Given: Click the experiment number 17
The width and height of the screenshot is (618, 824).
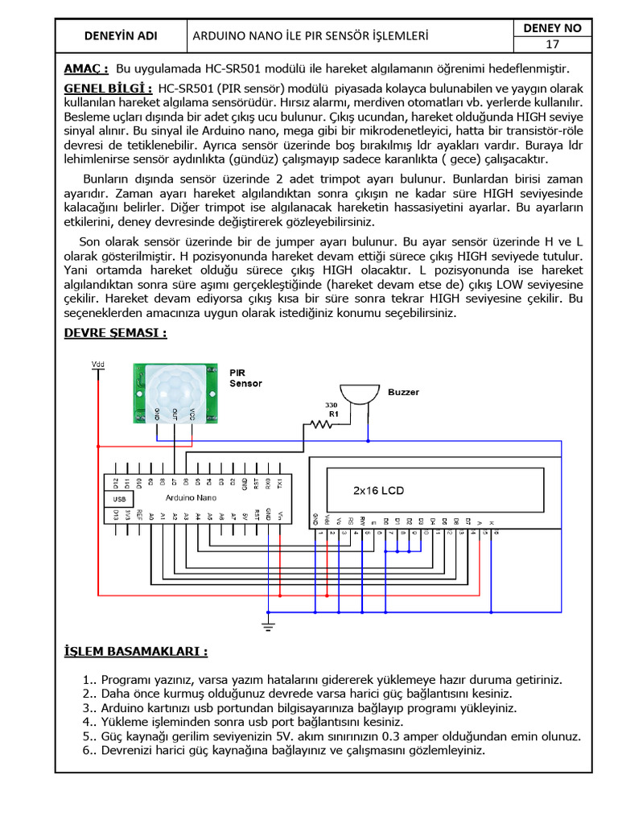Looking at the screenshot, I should point(552,44).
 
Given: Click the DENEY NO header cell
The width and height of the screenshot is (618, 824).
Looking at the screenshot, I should point(552,28).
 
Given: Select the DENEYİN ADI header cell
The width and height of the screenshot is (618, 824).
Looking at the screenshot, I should point(122,36).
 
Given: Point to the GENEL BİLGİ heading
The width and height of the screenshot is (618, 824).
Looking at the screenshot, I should point(108,87).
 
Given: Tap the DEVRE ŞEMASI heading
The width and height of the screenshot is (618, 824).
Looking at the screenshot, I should point(115,332).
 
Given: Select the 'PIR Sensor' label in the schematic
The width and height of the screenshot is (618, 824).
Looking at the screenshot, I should point(245,378).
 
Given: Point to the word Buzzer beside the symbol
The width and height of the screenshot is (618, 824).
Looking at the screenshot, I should point(403,393).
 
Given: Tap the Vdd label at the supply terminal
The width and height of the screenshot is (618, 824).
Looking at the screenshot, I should point(98,365).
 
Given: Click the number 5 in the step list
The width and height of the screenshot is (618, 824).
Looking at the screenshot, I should point(86,736).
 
